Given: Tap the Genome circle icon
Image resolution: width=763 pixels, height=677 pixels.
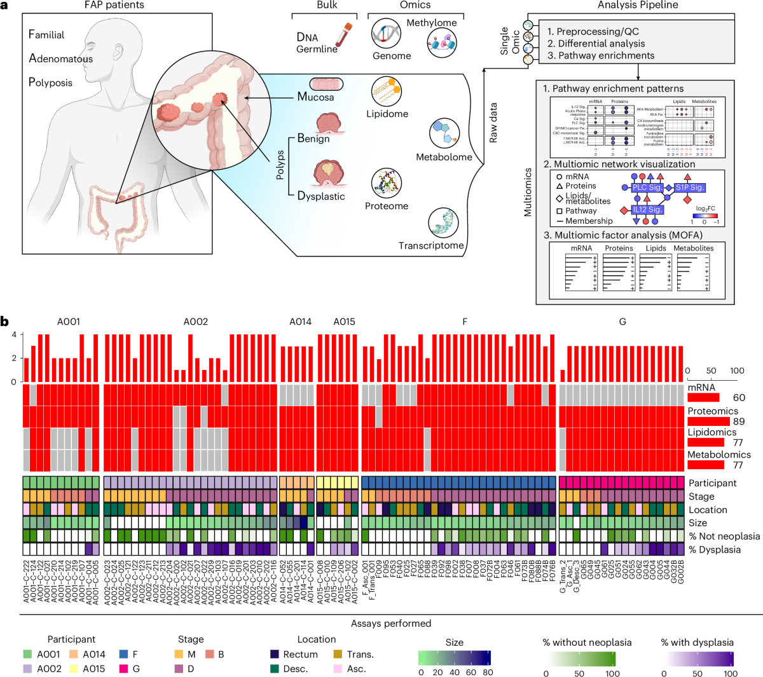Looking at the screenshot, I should [386, 33].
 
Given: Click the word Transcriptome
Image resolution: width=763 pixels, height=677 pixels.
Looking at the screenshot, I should [431, 245].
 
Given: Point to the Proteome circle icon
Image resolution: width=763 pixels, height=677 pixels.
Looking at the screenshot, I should [387, 184].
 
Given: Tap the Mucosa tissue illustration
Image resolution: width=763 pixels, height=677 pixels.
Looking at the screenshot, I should [327, 84].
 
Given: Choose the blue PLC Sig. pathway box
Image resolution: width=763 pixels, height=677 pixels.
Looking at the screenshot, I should [647, 188].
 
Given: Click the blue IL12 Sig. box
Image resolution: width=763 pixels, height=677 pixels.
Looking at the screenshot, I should [647, 210].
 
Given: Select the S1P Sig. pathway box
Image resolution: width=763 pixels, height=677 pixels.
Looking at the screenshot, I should [690, 188].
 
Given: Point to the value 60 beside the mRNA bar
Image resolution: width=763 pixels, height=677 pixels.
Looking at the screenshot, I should [739, 398].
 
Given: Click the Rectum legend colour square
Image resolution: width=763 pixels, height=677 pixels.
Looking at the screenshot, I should [275, 654].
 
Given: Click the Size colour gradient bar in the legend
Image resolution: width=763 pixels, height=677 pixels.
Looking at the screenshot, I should [454, 658].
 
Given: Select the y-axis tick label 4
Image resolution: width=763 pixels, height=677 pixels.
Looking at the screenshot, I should [13, 335].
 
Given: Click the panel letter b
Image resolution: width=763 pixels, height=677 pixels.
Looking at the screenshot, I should [5, 322].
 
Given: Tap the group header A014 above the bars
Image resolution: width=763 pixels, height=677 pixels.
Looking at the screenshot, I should [300, 322].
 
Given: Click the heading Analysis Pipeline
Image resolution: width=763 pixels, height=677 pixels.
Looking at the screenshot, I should [637, 5].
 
